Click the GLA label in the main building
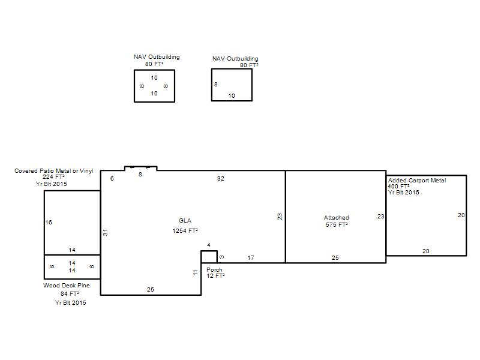click(185, 220)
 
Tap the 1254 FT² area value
click(185, 230)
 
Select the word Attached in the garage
click(337, 218)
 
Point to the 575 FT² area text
click(337, 224)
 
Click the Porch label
click(214, 269)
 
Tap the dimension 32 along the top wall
click(220, 178)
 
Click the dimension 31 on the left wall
click(106, 232)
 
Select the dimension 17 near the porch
click(251, 258)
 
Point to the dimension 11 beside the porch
click(196, 272)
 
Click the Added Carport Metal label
click(417, 181)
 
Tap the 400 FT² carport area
click(398, 186)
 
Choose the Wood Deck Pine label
click(67, 286)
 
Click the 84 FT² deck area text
click(70, 293)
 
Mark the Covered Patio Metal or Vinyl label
click(54, 170)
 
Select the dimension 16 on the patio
click(49, 222)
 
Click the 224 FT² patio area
click(53, 176)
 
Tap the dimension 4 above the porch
click(209, 245)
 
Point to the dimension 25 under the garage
click(335, 258)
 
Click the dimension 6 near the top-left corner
click(112, 178)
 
